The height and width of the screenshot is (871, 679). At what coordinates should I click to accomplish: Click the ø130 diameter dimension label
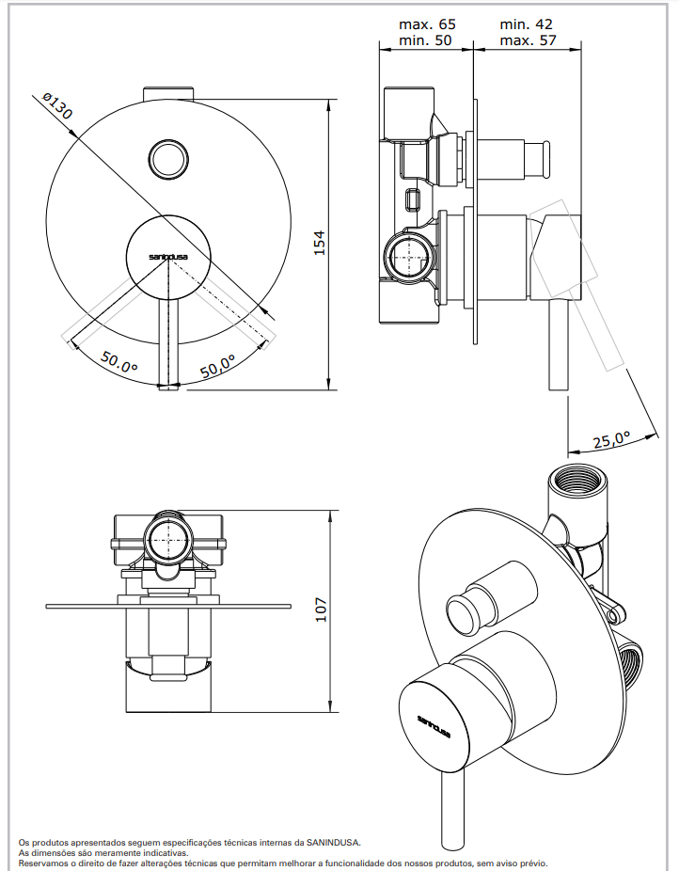click(57, 108)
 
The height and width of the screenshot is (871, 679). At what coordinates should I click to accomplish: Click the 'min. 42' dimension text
click(526, 24)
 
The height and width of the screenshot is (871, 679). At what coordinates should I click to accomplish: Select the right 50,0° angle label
click(218, 366)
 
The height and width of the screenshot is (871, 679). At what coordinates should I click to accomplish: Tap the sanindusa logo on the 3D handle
click(434, 723)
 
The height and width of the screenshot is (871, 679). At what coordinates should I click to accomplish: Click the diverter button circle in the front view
click(169, 157)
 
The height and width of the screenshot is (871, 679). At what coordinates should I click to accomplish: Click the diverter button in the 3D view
click(467, 611)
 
